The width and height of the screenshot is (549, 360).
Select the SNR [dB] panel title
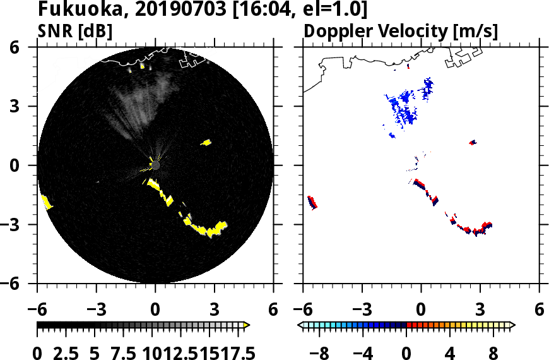point(75,32)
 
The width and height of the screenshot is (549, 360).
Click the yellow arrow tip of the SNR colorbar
point(247,325)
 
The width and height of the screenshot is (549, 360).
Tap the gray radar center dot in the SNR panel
point(155,165)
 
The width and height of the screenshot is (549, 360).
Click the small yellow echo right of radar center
point(206,143)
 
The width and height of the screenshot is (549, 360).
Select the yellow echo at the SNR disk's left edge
point(46,202)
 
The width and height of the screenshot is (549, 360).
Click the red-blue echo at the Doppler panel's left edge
point(312,202)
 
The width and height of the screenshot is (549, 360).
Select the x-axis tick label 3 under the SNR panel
point(215,310)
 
